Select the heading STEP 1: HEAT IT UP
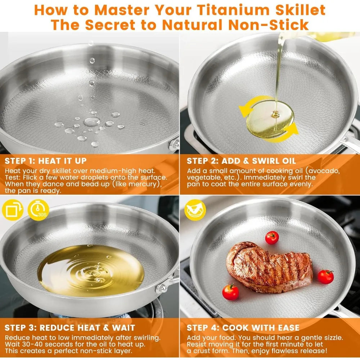(x=46, y=161)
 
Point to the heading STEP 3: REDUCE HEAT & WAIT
(x=70, y=328)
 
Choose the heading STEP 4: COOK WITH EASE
(x=243, y=328)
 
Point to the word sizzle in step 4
(x=331, y=338)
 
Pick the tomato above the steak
(x=272, y=238)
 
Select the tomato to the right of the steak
(x=325, y=276)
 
